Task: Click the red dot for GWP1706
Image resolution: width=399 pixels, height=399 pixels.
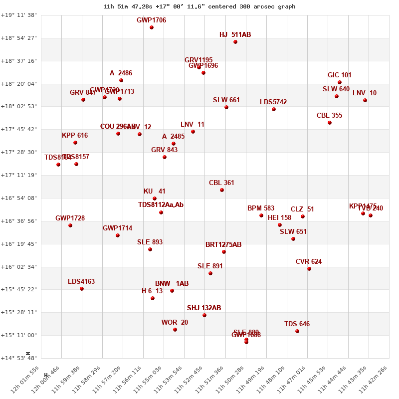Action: point(152,27)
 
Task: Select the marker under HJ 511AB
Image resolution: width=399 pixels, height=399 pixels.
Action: point(235,42)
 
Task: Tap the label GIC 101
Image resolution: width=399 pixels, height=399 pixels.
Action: point(339,75)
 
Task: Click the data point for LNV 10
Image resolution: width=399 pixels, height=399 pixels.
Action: point(365,100)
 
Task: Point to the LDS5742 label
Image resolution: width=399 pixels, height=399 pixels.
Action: point(273,102)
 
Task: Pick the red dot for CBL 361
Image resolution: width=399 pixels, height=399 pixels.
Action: point(222,190)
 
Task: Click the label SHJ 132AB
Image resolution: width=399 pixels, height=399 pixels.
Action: point(204,308)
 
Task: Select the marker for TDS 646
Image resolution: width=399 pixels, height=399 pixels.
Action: point(297,331)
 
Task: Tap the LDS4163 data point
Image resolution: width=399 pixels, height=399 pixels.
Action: point(82,289)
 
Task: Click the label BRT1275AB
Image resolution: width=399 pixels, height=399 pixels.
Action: point(223,245)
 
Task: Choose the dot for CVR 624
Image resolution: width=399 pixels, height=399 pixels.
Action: point(309,269)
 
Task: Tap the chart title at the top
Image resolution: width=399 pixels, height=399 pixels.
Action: point(199,6)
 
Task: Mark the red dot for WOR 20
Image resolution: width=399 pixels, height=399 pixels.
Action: point(175,330)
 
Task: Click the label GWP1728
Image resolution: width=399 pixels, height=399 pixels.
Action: point(70,218)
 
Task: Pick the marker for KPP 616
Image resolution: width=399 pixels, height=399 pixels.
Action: point(75,143)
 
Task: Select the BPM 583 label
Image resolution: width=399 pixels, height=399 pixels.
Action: point(261,208)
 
